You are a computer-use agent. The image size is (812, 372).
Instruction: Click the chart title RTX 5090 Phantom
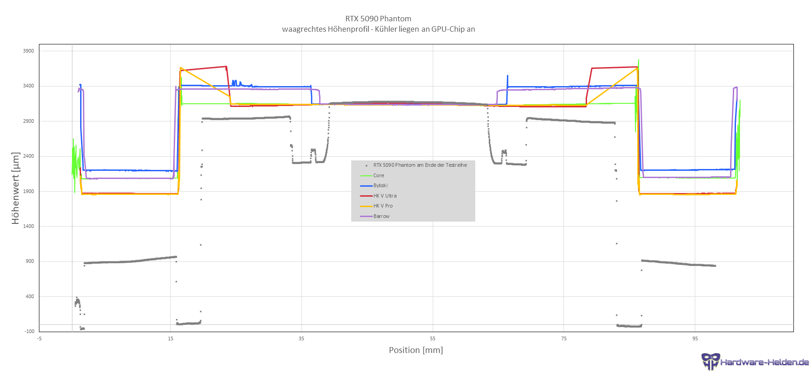(x=378, y=19)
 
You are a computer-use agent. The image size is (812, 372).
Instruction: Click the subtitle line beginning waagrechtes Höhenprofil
(x=378, y=29)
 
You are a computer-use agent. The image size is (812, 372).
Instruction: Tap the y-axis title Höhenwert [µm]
(x=16, y=188)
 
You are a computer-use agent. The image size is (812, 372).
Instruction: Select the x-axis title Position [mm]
(x=416, y=350)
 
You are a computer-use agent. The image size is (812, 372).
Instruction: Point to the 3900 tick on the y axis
(x=29, y=51)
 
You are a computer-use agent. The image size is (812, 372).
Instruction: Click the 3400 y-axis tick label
(x=29, y=86)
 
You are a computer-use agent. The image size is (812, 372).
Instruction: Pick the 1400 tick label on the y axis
(x=29, y=226)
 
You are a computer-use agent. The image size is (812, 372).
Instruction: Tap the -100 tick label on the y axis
(x=29, y=331)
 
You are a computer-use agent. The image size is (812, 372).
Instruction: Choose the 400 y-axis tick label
(x=30, y=296)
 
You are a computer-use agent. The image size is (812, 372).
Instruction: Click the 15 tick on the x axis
(x=171, y=338)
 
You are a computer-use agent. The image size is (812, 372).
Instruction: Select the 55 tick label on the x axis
(x=433, y=338)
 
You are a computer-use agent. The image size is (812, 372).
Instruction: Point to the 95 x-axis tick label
(x=695, y=338)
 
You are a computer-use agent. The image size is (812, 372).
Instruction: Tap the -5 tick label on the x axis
(x=39, y=338)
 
